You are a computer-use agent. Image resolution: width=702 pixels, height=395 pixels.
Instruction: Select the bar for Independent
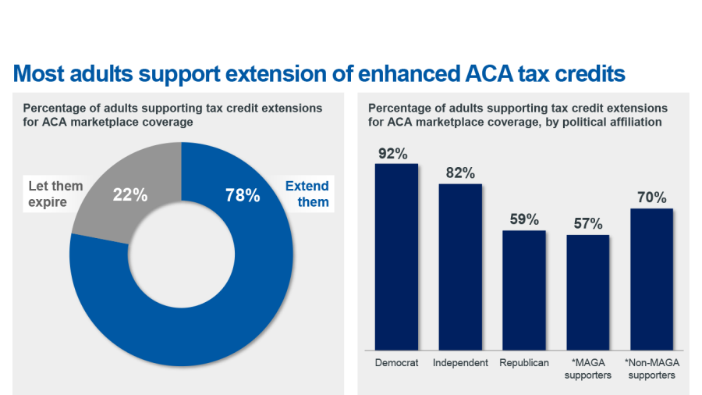[x=460, y=266]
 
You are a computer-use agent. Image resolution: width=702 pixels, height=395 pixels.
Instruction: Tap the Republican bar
[x=523, y=290]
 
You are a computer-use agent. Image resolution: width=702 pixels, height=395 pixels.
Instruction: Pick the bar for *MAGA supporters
[x=587, y=292]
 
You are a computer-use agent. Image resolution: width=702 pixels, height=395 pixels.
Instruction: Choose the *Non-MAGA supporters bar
[x=651, y=279]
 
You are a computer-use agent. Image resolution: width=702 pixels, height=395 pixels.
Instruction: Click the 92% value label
[x=393, y=154]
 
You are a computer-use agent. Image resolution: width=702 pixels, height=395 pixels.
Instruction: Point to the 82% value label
[x=459, y=173]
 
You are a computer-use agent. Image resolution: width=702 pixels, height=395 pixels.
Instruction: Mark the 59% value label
[x=523, y=220]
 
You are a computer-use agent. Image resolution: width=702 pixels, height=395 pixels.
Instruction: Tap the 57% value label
[x=587, y=224]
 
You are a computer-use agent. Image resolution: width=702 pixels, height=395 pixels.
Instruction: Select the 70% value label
[x=651, y=198]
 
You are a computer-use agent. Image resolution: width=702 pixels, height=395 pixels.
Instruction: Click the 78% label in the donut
[x=243, y=195]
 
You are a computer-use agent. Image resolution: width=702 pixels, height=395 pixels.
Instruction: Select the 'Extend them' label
[x=307, y=194]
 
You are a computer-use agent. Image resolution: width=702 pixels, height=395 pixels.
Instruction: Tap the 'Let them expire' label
[x=55, y=194]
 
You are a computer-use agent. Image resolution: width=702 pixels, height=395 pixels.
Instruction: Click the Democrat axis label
[x=396, y=363]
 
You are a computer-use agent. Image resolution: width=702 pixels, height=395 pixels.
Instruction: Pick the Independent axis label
[x=460, y=363]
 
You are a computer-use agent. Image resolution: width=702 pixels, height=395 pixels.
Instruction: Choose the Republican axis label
[x=523, y=363]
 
